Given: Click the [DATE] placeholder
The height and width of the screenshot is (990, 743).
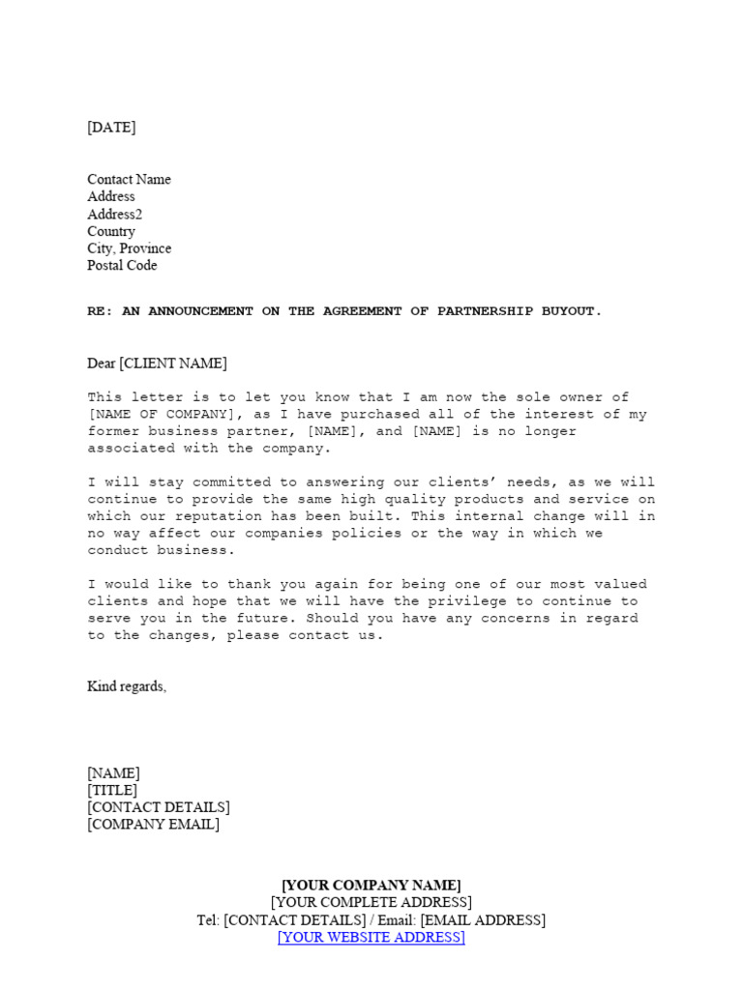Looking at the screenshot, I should click(x=111, y=128).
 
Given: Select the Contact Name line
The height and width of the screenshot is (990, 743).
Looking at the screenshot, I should click(x=129, y=180).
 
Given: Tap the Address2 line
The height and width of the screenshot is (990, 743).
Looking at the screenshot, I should click(x=114, y=215).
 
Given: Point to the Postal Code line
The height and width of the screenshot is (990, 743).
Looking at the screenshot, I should click(x=122, y=266).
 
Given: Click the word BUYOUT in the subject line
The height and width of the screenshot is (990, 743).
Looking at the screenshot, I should click(x=574, y=311).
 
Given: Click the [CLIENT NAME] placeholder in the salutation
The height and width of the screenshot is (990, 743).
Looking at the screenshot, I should click(x=172, y=364).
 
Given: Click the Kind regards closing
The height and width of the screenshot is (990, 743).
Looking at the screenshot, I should click(x=127, y=686).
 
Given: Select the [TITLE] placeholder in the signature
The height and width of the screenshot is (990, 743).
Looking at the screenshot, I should click(x=112, y=791).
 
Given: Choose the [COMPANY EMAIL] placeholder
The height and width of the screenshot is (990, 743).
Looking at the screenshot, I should click(x=153, y=825).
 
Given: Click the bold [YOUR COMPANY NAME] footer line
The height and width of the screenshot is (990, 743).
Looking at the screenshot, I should click(x=371, y=886).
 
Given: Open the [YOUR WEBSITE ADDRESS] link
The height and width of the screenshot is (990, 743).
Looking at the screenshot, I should click(x=371, y=938).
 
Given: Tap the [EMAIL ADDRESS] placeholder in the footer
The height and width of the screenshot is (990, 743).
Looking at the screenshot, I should click(x=483, y=920).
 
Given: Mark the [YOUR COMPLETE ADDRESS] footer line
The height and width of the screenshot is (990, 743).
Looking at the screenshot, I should click(x=371, y=903).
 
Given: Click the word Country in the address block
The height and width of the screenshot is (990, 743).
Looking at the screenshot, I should click(x=111, y=232).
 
